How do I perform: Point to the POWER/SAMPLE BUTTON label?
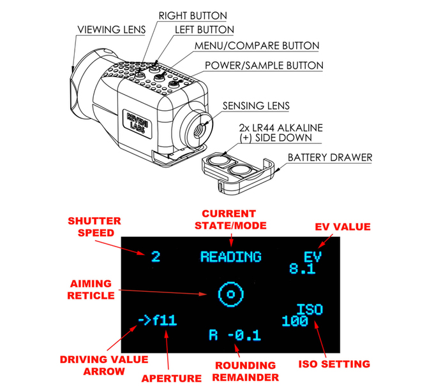pyautogui.click(x=264, y=66)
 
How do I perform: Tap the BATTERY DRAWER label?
pyautogui.click(x=329, y=157)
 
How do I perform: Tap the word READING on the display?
pyautogui.click(x=230, y=257)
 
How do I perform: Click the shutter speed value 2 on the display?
pyautogui.click(x=155, y=257)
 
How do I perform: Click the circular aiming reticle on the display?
pyautogui.click(x=230, y=294)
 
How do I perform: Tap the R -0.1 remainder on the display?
pyautogui.click(x=235, y=335)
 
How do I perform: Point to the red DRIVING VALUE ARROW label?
pyautogui.click(x=103, y=364)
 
